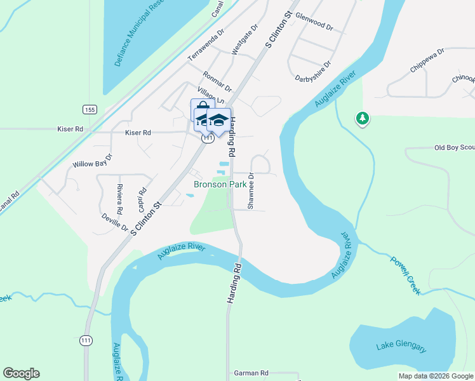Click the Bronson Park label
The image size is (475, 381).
click(x=218, y=185)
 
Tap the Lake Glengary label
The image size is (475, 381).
click(x=402, y=347)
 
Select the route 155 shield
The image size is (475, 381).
click(x=90, y=109)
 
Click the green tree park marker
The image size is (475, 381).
click(x=363, y=117)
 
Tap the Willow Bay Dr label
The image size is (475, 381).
click(x=92, y=164)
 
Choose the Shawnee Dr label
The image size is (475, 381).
click(x=251, y=191)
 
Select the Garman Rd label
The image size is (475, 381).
click(x=251, y=373)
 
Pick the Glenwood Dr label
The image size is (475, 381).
click(x=314, y=25)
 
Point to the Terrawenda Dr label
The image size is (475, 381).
click(x=206, y=45)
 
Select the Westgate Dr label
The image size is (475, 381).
click(x=244, y=40)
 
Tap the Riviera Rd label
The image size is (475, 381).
click(x=119, y=199)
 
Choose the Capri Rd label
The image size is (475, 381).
click(x=143, y=199)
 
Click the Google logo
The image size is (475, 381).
click(x=21, y=373)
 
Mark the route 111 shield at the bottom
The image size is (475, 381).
click(x=86, y=341)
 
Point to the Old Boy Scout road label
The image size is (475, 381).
click(x=453, y=148)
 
